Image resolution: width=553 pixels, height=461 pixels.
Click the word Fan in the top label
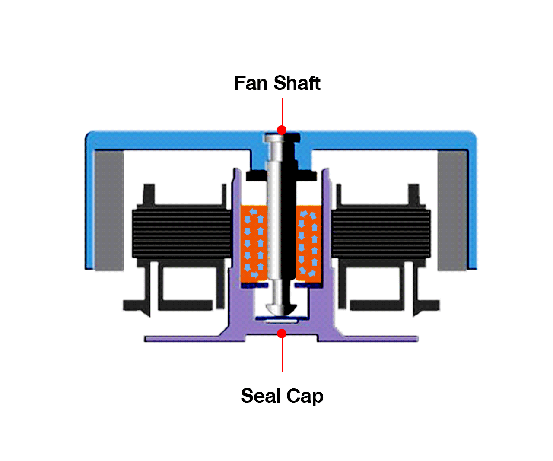251,83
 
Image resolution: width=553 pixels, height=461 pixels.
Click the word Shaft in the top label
297,83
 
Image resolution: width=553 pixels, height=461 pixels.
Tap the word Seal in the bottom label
261,396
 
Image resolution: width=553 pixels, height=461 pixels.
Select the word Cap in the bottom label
305,397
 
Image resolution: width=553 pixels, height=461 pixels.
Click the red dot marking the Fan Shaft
282,130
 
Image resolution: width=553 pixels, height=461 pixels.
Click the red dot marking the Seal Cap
282,334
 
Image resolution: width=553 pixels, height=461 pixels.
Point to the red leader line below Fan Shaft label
282,111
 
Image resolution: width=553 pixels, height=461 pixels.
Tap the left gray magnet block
109,211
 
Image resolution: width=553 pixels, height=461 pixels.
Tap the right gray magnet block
452,211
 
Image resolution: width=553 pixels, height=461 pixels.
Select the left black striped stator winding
182,233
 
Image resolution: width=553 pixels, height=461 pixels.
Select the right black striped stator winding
381,233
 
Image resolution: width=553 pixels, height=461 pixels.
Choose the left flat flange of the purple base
182,339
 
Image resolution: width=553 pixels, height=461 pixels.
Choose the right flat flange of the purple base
381,339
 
